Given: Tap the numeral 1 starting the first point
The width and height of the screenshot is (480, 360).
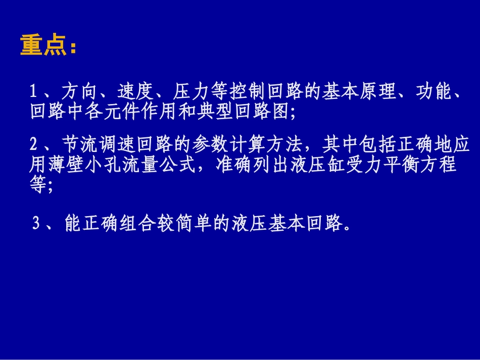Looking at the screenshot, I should tap(33, 92).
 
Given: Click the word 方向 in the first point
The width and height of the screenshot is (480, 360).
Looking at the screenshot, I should tap(80, 92).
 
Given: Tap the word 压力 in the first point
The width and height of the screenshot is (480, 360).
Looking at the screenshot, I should tap(191, 92).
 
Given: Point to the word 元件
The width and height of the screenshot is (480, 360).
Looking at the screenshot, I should tap(132, 111).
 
